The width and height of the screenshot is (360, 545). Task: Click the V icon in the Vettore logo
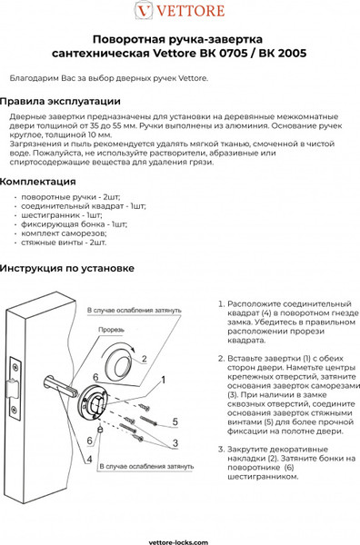coord(142,10)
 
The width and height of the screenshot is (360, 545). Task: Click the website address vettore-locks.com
coord(180,538)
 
